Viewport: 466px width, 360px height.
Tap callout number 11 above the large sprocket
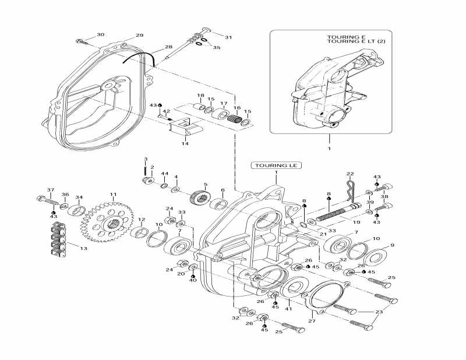pyautogui.click(x=113, y=194)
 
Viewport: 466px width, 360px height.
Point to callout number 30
pyautogui.click(x=101, y=35)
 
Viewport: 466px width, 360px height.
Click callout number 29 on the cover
pyautogui.click(x=139, y=36)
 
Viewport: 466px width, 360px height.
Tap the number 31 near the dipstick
pyautogui.click(x=228, y=37)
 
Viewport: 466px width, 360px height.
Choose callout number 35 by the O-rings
pyautogui.click(x=216, y=47)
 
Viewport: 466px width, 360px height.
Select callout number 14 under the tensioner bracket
pyautogui.click(x=185, y=143)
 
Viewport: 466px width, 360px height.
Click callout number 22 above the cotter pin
pyautogui.click(x=350, y=174)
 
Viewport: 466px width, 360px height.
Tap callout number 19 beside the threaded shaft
pyautogui.click(x=356, y=222)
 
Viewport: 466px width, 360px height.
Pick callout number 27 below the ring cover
pyautogui.click(x=312, y=320)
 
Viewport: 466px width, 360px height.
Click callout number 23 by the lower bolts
pyautogui.click(x=380, y=312)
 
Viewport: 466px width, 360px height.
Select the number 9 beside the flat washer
pyautogui.click(x=392, y=245)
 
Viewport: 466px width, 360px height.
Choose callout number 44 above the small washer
pyautogui.click(x=164, y=174)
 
